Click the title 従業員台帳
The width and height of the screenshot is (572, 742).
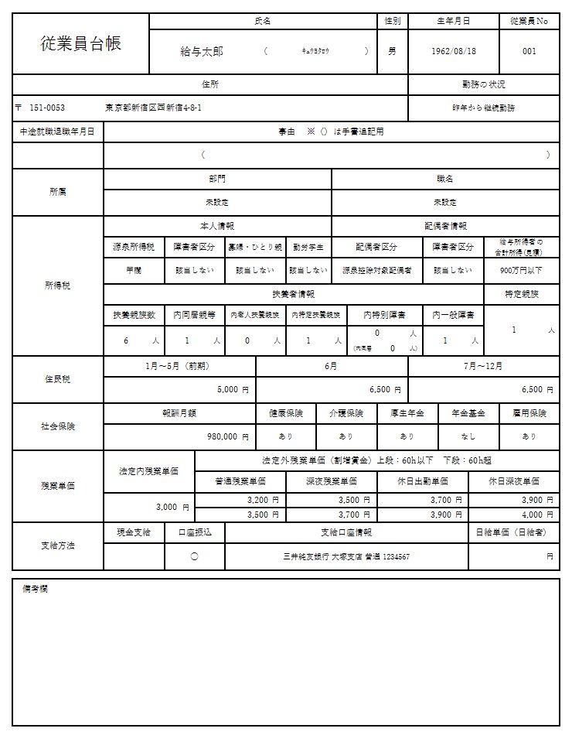coord(80,43)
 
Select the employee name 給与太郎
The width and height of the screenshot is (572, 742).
coord(202,51)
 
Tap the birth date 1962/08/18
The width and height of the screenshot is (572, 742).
coord(454,51)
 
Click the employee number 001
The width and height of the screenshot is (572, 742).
coord(529,51)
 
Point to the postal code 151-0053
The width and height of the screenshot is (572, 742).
coord(46,108)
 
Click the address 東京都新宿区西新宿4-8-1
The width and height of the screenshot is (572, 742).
coord(154,108)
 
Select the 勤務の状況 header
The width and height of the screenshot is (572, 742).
coord(483,84)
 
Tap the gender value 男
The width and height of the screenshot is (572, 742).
coord(392,51)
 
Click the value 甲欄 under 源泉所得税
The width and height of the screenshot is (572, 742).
coord(134,271)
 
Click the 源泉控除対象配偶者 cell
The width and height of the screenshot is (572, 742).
coord(377,271)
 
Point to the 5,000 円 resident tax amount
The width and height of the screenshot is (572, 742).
coord(232,389)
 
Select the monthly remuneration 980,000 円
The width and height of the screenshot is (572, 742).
coord(226,436)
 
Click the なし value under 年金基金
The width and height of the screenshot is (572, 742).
coord(468,436)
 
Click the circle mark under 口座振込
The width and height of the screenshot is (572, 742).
coord(194,556)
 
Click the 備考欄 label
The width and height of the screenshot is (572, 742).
coord(36,589)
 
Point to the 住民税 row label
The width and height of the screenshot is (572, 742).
coord(58,379)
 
